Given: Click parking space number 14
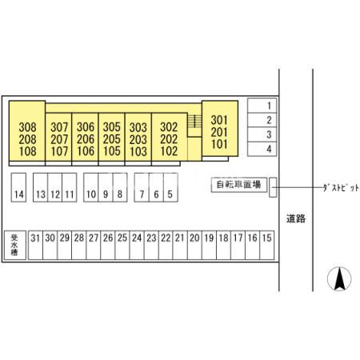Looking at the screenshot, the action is click(x=18, y=187).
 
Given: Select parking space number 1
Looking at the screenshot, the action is click(x=262, y=106).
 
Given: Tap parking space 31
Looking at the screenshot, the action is click(x=35, y=245).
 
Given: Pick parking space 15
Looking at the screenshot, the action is click(x=267, y=245).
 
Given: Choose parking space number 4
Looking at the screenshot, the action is click(x=262, y=149).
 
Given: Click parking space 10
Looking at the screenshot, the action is click(x=91, y=187).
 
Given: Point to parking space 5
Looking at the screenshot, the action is click(x=170, y=187).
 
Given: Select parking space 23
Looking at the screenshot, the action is click(x=151, y=245).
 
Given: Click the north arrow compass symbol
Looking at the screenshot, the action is click(x=339, y=278).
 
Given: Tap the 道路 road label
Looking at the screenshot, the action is click(x=296, y=218).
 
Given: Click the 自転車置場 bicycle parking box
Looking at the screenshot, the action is click(x=239, y=185).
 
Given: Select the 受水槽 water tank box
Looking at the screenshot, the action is click(x=15, y=245).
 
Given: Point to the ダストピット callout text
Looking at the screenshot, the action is click(x=341, y=188).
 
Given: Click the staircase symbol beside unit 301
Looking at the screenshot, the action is click(x=194, y=121).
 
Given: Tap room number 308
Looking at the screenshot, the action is click(x=27, y=127).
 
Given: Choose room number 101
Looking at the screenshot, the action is click(x=219, y=144).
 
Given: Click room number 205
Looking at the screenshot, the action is click(x=112, y=139).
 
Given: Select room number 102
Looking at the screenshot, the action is click(x=169, y=151).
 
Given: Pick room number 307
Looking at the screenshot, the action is click(x=59, y=127).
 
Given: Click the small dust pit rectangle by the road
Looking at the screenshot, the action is click(x=273, y=187).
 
